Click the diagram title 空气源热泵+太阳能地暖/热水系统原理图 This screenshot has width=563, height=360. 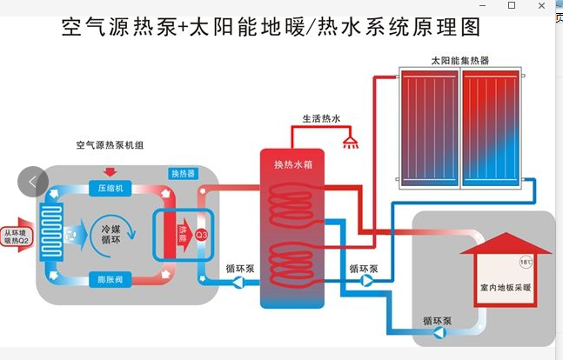coord(271,28)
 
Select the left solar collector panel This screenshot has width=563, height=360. coord(428,127)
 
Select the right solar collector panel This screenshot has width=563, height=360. coord(491,127)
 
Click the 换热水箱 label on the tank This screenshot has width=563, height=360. coord(293,164)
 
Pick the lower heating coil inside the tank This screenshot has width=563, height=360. coord(293,261)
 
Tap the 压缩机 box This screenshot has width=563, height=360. coord(111,189)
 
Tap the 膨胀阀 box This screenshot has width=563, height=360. coord(111,279)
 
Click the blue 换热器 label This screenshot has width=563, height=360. coord(183,174)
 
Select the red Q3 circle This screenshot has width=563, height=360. coord(201,234)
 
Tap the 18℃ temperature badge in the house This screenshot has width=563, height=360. coord(526,261)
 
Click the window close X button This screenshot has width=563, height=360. coord(540,6)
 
